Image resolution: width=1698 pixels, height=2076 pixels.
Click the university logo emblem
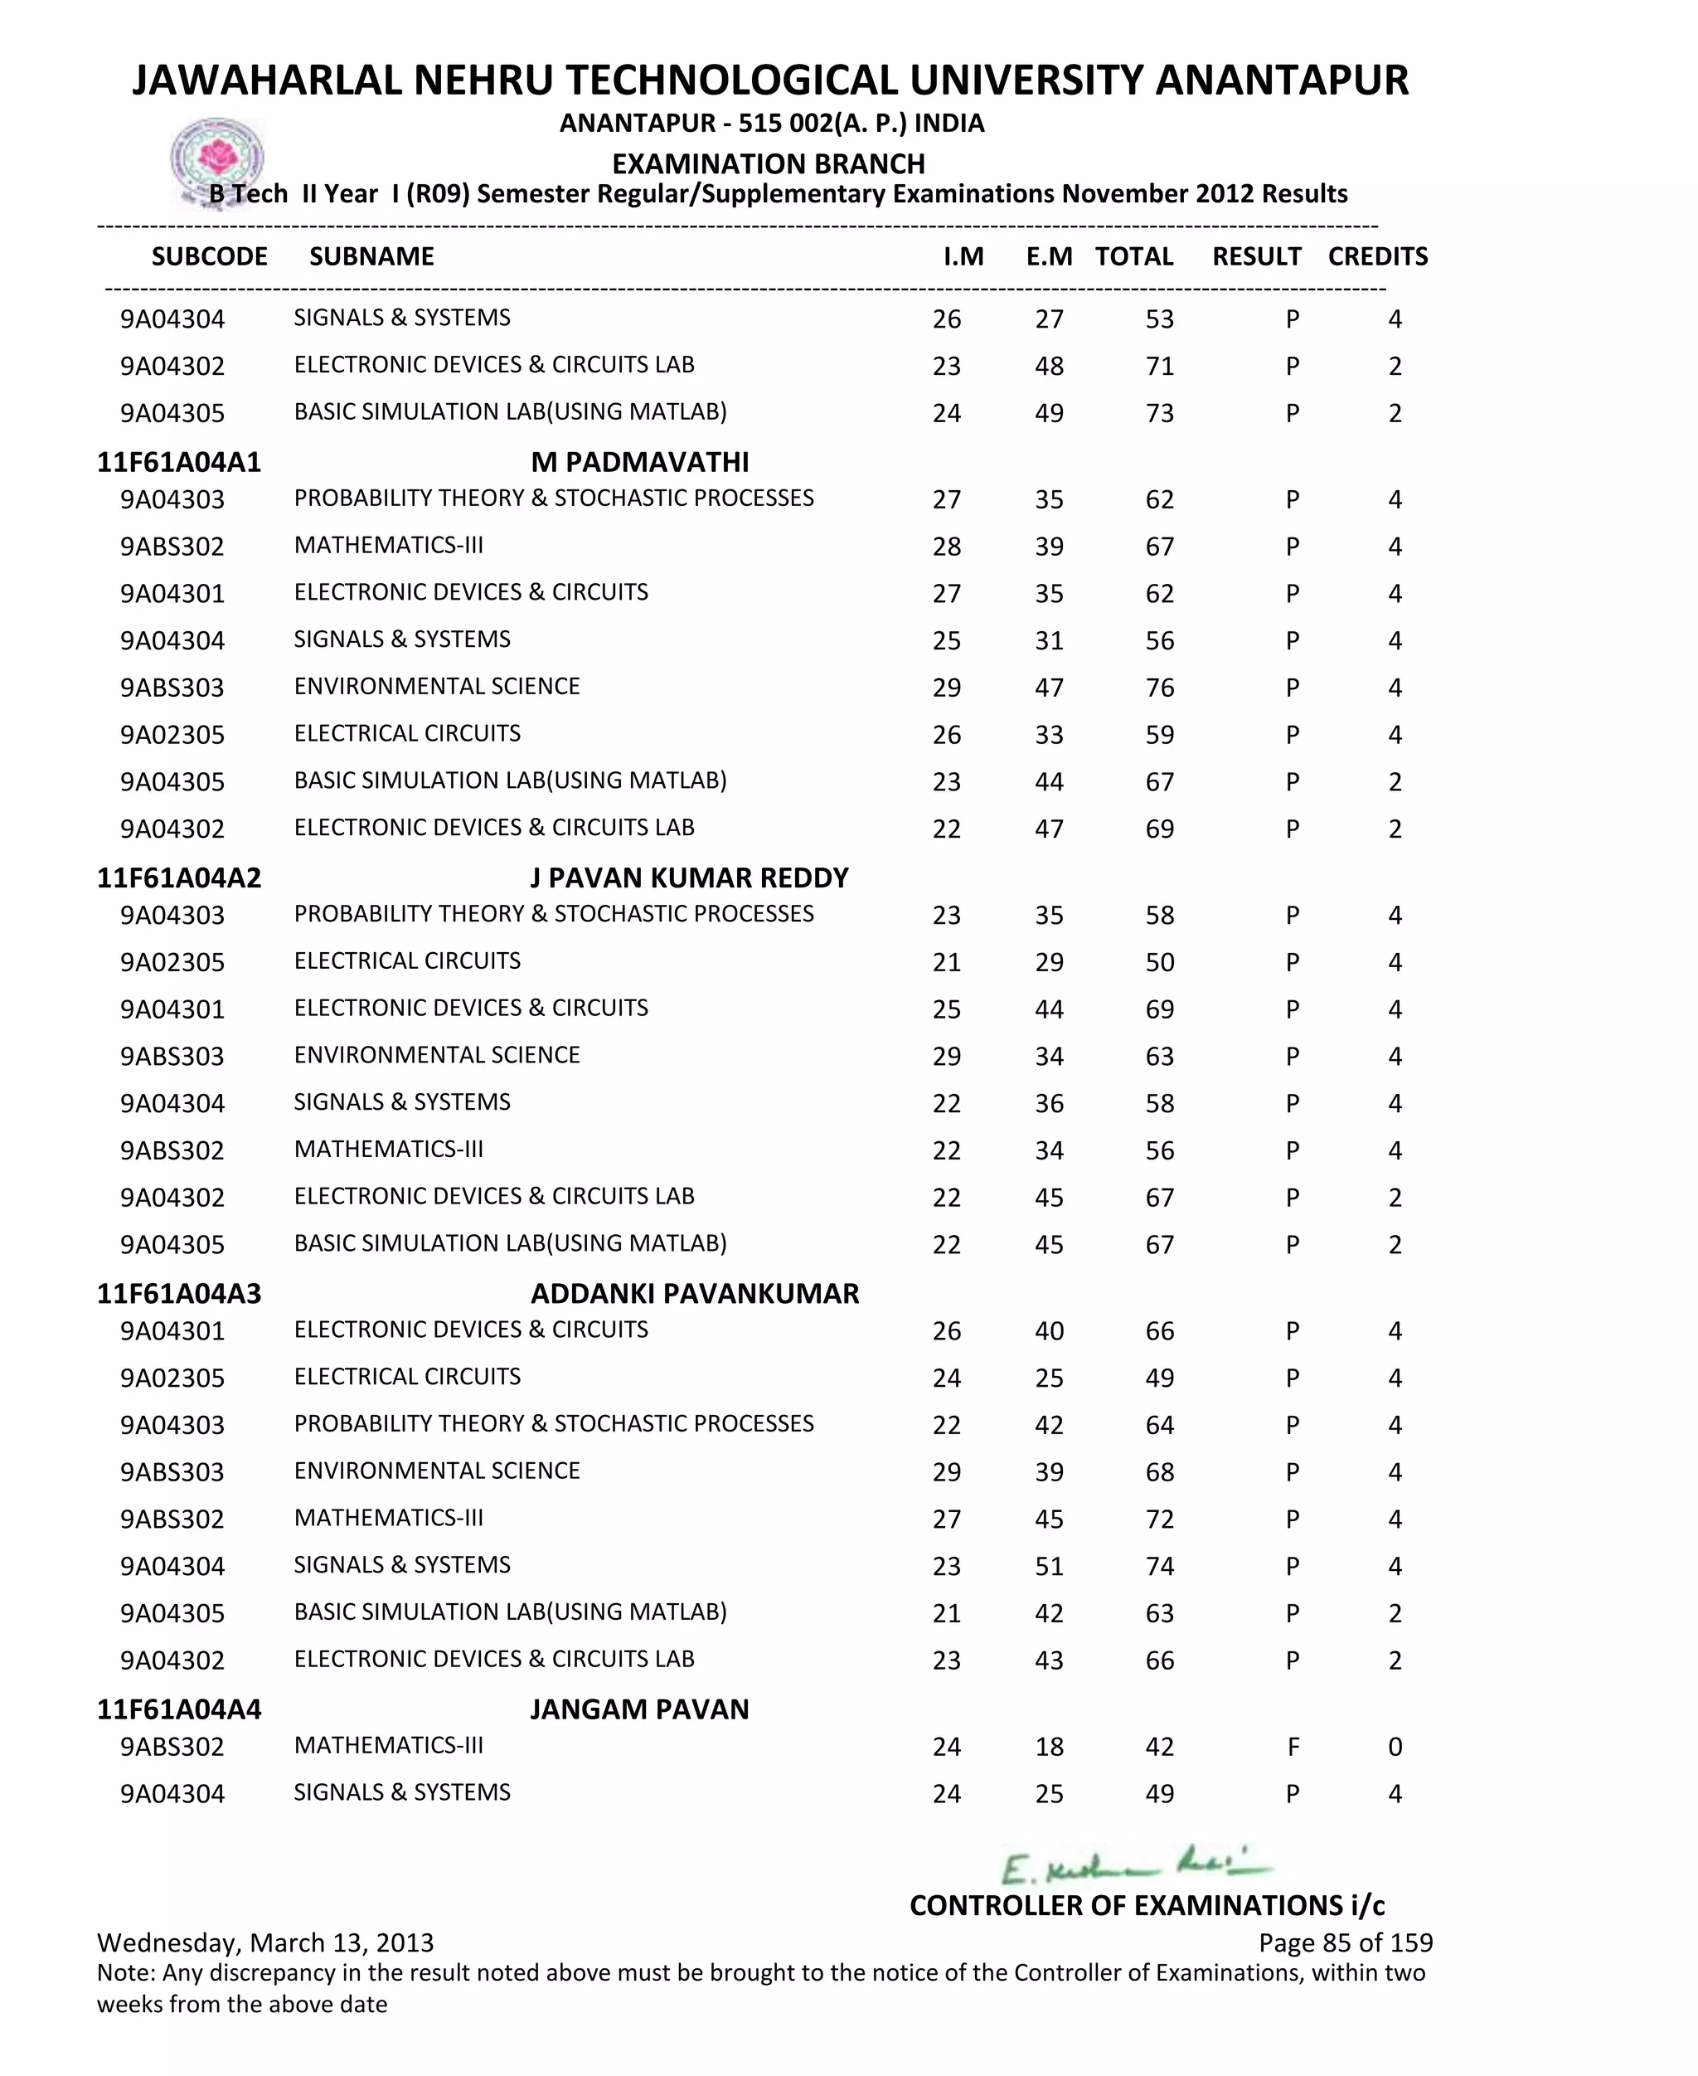point(217,159)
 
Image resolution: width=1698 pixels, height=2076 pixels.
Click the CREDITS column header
point(1377,256)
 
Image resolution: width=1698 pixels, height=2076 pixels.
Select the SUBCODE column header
point(209,256)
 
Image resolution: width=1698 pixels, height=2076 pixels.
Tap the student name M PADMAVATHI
point(640,462)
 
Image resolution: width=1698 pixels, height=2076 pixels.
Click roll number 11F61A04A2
point(179,878)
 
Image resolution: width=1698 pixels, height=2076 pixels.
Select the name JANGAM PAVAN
point(640,1709)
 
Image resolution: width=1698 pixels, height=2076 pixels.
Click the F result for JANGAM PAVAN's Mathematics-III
point(1293,1748)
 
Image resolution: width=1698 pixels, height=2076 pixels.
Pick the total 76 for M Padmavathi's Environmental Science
point(1159,688)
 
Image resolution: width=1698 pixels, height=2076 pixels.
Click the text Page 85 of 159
point(1345,1943)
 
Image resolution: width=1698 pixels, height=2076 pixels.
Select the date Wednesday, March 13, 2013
point(265,1943)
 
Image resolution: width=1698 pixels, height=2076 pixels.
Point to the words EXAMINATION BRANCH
point(769,163)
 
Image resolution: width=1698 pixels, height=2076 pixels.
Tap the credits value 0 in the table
point(1395,1748)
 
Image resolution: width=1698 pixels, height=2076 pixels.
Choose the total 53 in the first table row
point(1159,319)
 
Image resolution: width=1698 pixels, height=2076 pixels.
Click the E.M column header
point(1049,256)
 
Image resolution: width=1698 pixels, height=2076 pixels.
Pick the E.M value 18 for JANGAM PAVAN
point(1049,1748)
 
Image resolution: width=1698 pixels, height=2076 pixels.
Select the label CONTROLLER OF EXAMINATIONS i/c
point(1147,1905)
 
